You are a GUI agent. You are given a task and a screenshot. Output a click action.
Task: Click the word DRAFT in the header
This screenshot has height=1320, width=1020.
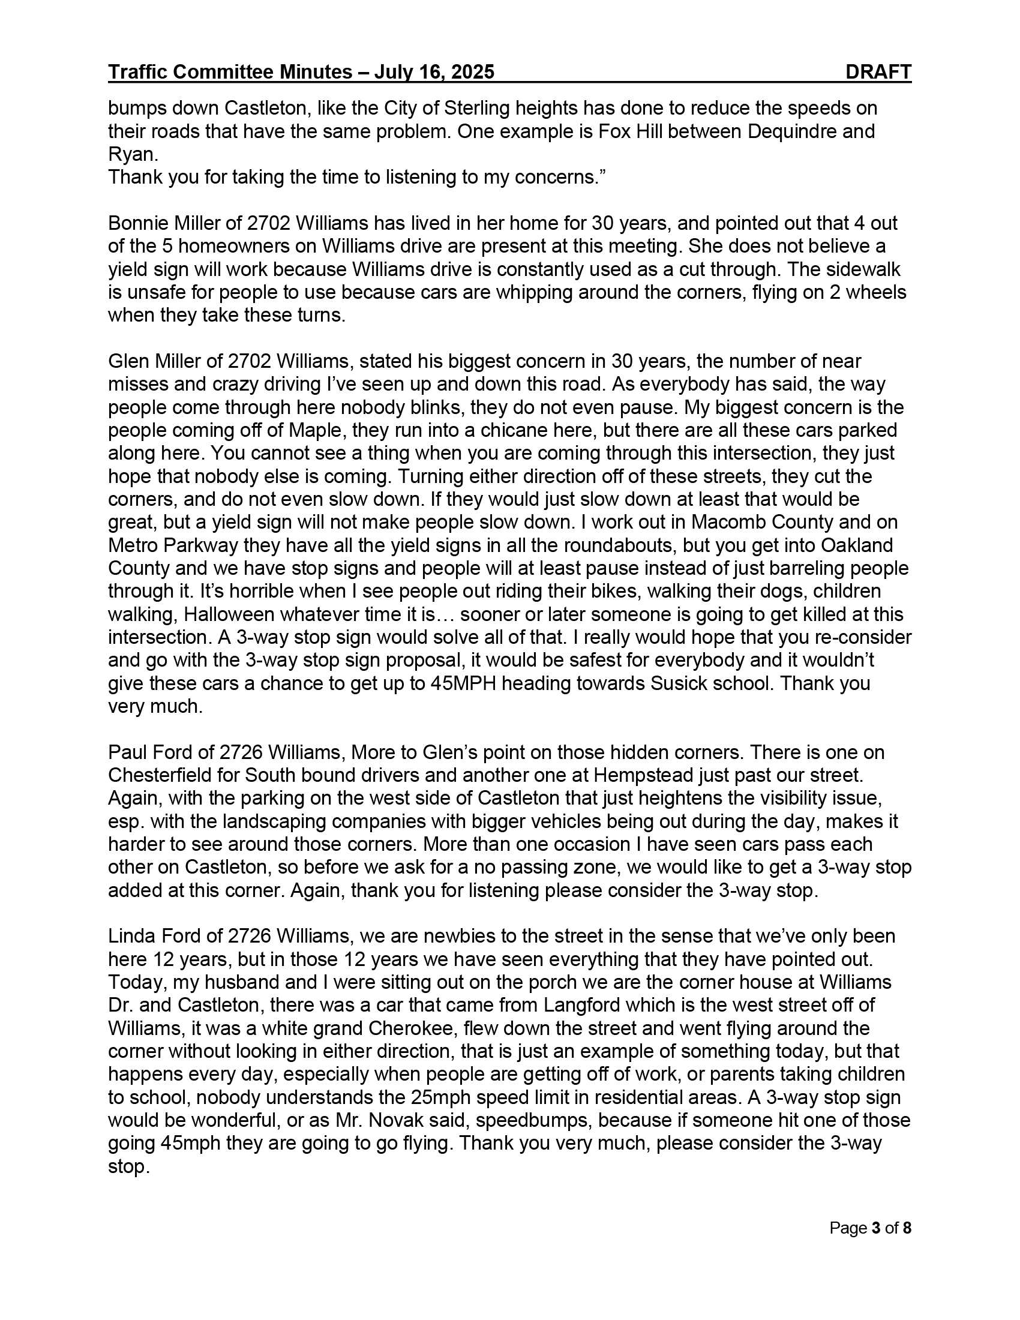[x=878, y=72]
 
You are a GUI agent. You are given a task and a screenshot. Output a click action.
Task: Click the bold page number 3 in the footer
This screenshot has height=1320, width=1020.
[x=875, y=1228]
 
